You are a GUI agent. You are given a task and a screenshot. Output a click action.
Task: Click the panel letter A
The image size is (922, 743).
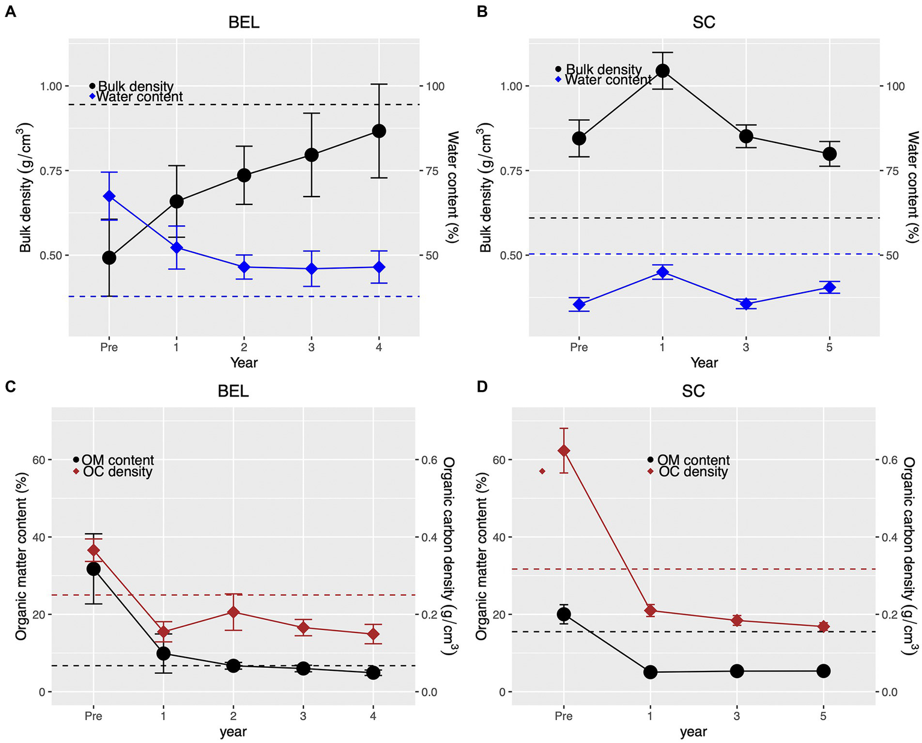10,11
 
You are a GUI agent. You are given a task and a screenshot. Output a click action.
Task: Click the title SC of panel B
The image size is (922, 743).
703,23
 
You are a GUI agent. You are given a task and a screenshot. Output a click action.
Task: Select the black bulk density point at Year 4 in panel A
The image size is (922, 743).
378,131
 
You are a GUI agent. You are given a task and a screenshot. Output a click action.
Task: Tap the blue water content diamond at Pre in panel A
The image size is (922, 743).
109,196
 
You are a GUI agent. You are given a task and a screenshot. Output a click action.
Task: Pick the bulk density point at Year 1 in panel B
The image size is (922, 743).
663,71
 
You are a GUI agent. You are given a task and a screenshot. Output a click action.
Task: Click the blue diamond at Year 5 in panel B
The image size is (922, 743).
829,287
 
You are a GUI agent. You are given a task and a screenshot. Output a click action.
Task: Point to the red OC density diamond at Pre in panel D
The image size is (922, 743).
563,451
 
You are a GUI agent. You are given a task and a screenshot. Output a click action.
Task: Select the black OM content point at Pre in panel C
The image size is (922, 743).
94,569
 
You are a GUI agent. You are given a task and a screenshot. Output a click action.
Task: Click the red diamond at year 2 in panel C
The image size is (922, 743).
233,613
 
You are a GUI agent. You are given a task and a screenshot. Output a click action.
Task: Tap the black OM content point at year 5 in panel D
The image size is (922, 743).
823,671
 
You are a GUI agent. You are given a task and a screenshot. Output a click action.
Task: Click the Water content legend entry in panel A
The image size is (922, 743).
139,97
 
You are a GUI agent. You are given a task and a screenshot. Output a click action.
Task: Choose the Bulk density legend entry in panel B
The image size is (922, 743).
603,70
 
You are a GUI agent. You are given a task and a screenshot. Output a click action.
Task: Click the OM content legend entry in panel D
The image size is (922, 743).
693,460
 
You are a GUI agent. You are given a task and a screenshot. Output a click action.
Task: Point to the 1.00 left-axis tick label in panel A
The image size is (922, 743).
50,87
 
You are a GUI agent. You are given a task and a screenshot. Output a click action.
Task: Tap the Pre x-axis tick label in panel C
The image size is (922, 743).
94,716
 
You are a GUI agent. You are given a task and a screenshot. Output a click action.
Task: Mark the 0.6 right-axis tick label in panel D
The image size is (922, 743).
890,460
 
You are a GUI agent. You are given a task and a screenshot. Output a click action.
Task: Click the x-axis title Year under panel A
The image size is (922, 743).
244,362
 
